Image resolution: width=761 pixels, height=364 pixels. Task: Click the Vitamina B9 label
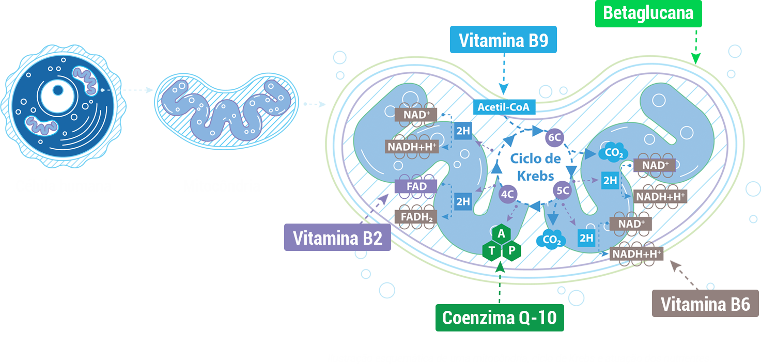504,40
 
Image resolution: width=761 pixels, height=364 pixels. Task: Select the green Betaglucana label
648,13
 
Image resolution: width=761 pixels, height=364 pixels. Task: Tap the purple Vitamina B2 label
337,238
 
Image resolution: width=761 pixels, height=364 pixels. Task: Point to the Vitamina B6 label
705,304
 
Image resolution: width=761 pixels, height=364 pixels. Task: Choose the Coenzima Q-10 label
500,318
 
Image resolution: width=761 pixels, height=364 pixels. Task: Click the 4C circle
508,194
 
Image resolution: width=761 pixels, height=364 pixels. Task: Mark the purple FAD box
416,186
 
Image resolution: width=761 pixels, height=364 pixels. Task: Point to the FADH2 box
416,216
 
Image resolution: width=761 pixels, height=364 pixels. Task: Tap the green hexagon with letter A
501,234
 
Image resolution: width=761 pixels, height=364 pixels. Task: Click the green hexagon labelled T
491,251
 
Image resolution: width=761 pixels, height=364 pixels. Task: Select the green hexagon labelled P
511,251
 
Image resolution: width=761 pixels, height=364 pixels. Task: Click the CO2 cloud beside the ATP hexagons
551,240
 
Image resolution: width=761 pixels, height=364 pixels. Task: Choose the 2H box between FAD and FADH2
463,201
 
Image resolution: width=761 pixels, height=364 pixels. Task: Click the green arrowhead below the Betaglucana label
695,59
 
